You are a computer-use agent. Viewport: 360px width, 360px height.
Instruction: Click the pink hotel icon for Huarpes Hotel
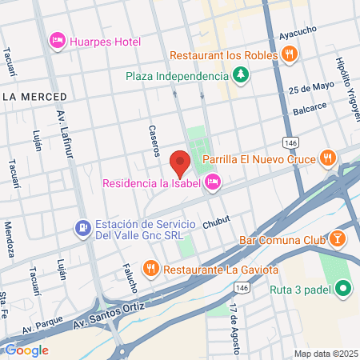click(58, 39)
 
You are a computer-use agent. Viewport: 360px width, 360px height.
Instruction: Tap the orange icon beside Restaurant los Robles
click(289, 54)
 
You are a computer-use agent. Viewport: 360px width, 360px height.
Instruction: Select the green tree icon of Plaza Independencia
click(240, 76)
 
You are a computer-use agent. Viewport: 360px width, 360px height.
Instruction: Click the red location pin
click(181, 162)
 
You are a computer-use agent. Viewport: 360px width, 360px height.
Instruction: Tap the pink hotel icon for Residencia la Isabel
click(213, 183)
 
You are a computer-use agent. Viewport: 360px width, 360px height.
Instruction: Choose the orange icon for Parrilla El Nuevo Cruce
click(326, 158)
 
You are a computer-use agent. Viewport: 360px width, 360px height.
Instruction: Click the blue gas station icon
click(82, 228)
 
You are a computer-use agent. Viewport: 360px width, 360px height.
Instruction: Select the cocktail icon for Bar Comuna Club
click(338, 239)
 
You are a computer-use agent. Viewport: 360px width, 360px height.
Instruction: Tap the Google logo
click(26, 350)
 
